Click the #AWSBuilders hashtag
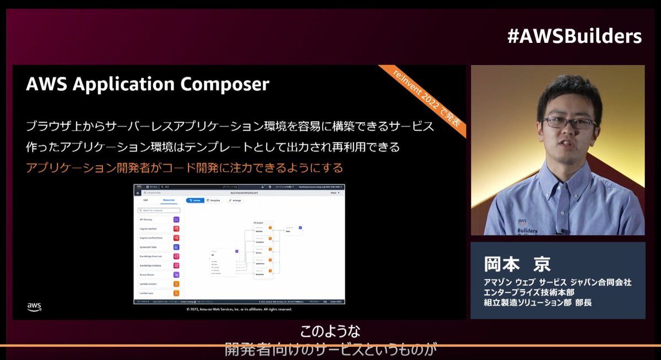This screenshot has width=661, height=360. click(574, 36)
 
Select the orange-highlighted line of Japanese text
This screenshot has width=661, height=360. click(184, 167)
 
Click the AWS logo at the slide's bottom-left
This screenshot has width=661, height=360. click(34, 307)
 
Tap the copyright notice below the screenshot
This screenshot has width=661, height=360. click(240, 309)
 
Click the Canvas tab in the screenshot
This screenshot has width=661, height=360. click(195, 200)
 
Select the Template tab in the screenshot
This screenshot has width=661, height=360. click(214, 200)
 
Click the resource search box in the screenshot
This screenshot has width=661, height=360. click(159, 210)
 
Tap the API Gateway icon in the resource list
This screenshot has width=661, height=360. click(176, 220)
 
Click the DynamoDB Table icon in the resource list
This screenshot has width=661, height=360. click(176, 247)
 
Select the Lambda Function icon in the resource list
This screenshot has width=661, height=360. click(176, 284)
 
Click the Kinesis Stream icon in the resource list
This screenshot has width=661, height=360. click(176, 275)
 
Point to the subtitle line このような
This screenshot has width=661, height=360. click(330, 332)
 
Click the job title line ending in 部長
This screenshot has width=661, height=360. click(538, 302)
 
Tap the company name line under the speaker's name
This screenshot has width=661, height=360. click(557, 282)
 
